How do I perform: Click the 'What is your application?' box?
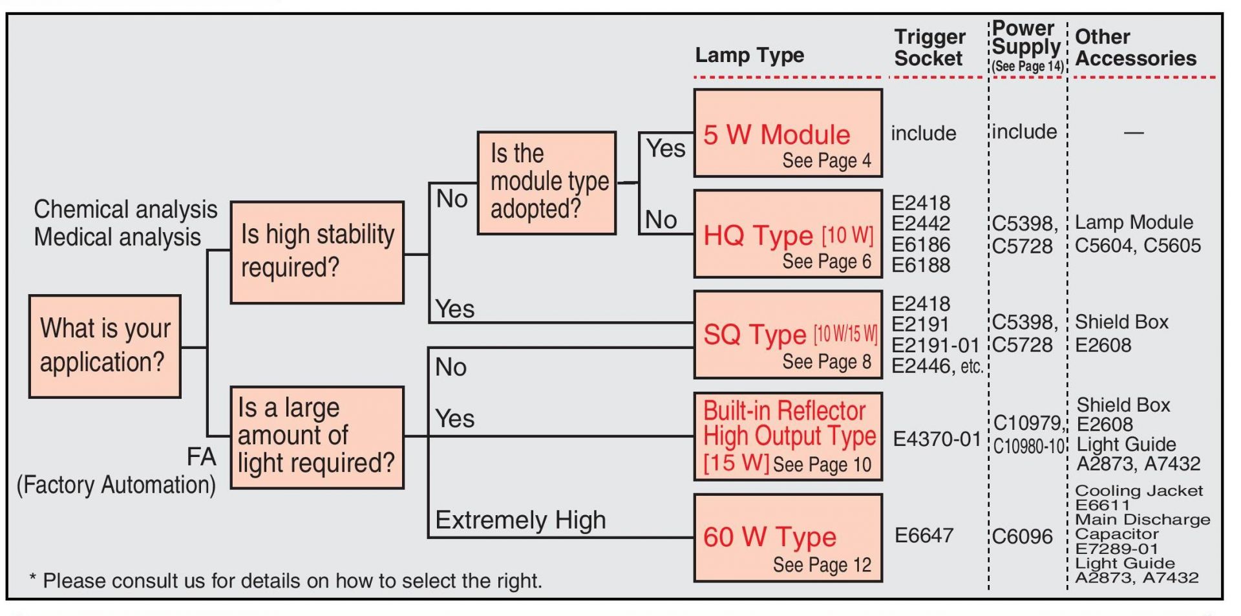click(105, 346)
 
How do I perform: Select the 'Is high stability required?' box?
click(317, 252)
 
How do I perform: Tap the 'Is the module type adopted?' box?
click(546, 182)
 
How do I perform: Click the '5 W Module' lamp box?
click(787, 133)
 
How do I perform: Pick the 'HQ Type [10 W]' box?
click(787, 234)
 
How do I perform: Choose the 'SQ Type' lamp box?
click(787, 334)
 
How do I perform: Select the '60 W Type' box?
click(787, 538)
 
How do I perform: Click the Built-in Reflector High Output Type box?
click(787, 436)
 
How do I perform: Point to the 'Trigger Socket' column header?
click(929, 48)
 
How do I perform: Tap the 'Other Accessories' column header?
click(1135, 48)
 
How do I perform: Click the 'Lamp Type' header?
click(749, 56)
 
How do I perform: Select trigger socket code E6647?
click(924, 536)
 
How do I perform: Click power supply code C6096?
click(1022, 536)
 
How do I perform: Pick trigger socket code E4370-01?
click(937, 440)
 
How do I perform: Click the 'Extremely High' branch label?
click(520, 520)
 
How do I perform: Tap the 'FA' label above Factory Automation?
click(201, 457)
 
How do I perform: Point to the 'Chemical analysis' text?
click(125, 209)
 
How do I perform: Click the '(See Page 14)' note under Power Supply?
click(1028, 67)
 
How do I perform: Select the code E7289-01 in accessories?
click(1116, 549)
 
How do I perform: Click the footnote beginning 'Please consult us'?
click(291, 581)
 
